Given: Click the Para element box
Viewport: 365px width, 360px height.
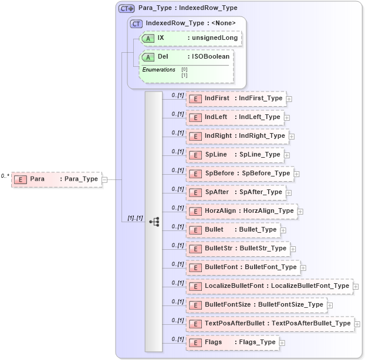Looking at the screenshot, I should pyautogui.click(x=56, y=179).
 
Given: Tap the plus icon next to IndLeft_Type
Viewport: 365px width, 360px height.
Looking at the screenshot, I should pyautogui.click(x=287, y=117).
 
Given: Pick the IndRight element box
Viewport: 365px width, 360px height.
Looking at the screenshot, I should pyautogui.click(x=237, y=136).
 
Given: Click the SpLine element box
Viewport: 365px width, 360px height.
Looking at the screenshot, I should pyautogui.click(x=235, y=155).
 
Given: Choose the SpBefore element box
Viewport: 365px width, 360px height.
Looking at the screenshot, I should pyautogui.click(x=239, y=174).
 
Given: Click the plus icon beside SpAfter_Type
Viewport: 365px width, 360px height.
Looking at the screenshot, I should pyautogui.click(x=289, y=192).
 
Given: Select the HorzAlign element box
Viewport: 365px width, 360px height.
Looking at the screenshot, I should pyautogui.click(x=241, y=211).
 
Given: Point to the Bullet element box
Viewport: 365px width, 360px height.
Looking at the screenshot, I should pyautogui.click(x=233, y=230).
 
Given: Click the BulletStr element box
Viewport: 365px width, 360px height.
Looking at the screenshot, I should pyautogui.click(x=238, y=249).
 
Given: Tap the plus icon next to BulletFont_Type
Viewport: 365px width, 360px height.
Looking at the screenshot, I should pyautogui.click(x=303, y=268).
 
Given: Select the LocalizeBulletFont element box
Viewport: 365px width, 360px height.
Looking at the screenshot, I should pyautogui.click(x=269, y=286).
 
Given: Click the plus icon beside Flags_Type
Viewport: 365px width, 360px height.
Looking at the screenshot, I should pyautogui.click(x=282, y=343).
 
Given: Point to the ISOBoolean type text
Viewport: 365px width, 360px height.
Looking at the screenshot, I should pyautogui.click(x=211, y=57).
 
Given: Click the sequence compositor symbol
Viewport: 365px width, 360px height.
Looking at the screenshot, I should pyautogui.click(x=154, y=222).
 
